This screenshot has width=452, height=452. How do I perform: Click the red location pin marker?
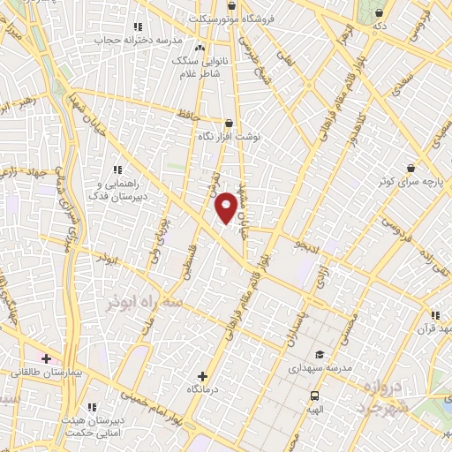[227, 207]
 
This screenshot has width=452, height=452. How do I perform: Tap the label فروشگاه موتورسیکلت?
[238, 18]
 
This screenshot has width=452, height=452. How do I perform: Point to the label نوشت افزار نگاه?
[229, 138]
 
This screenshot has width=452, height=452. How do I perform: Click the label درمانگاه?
[204, 389]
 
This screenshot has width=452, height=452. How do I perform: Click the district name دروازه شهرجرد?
[385, 398]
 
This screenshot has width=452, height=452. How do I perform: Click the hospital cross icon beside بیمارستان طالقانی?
[46, 358]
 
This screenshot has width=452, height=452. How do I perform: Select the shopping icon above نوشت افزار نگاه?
[229, 124]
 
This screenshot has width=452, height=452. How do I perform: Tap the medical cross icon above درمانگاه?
[204, 376]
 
